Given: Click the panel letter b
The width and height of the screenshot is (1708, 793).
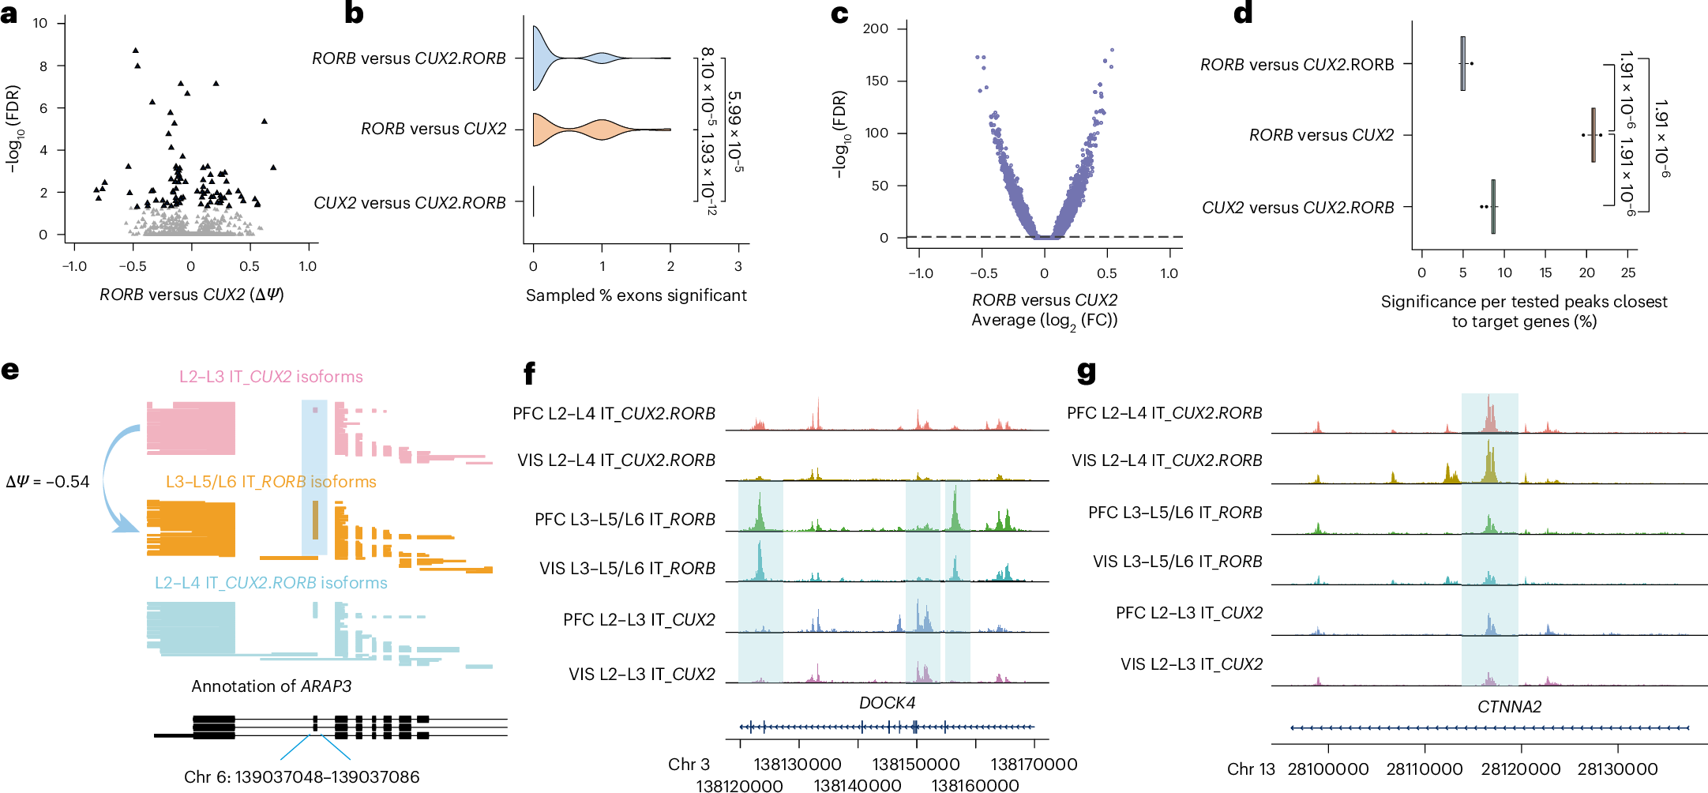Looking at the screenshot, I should (354, 13).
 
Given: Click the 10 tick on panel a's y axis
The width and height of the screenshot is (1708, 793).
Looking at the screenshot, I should (40, 24).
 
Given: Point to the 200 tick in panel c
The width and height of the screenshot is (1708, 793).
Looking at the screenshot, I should (875, 29).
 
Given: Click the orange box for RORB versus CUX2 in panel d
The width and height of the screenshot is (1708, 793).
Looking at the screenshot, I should (1593, 135).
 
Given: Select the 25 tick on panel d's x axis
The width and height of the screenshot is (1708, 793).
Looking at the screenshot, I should (1627, 273).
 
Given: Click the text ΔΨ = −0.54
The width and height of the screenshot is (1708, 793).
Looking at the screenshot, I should (47, 482).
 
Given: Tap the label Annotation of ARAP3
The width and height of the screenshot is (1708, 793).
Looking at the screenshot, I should (271, 686).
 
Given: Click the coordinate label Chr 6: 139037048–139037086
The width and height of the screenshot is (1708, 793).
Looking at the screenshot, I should (302, 777).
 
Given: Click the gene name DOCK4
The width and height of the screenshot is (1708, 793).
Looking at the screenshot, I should (887, 703).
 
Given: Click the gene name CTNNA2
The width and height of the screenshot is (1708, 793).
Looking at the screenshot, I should (1509, 707).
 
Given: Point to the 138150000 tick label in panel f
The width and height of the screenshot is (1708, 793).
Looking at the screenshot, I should (915, 765).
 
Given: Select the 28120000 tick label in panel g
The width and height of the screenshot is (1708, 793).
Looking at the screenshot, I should (1520, 769).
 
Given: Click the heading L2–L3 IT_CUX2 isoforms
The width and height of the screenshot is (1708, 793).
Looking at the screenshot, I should (271, 377).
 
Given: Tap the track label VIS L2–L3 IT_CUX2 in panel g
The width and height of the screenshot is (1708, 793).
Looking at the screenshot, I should (1191, 664).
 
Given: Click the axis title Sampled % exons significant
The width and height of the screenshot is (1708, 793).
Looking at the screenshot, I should (636, 295).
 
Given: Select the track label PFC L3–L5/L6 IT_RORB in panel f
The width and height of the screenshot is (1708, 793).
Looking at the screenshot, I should (625, 520).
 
